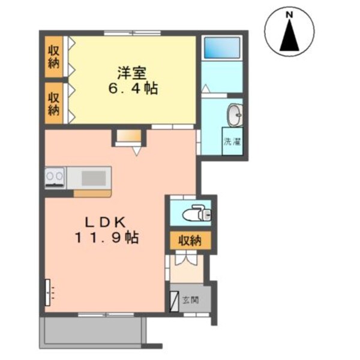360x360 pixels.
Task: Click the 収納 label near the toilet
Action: pos(189,241)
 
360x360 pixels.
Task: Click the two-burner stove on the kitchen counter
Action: pos(55,178)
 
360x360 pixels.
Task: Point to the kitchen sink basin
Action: pos(93,178)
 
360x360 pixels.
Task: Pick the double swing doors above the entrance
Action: pos(186,261)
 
